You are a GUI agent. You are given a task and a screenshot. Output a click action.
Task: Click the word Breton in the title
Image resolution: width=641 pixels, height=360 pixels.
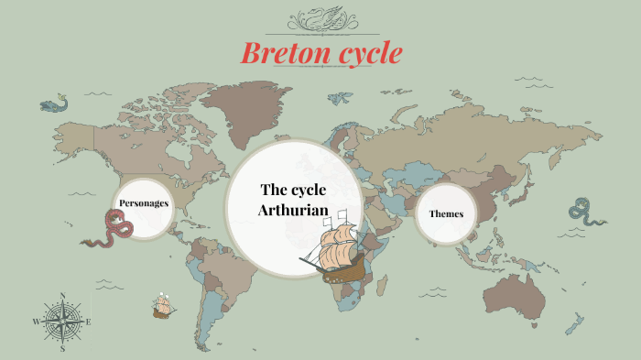tap(280, 54)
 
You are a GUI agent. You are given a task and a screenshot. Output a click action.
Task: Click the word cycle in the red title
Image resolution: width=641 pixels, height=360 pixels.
tap(364, 54)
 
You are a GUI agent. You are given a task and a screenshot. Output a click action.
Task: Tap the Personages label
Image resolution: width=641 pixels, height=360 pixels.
tap(144, 202)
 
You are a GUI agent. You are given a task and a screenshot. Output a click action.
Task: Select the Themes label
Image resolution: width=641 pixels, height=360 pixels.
tap(446, 213)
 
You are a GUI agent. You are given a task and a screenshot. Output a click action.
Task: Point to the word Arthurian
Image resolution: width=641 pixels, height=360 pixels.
tap(293, 211)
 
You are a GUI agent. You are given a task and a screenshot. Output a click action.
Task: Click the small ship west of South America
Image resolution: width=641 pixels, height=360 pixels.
tap(164, 306)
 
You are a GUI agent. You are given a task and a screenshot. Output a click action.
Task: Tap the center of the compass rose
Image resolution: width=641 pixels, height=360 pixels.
tap(62, 322)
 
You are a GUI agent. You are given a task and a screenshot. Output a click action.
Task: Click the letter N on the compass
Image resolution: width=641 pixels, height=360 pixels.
tap(62, 296)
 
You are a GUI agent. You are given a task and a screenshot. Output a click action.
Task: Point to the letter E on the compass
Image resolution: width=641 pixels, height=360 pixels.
tap(88, 322)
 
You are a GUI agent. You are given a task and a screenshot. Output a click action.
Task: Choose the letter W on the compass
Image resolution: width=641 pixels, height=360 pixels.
tap(37, 322)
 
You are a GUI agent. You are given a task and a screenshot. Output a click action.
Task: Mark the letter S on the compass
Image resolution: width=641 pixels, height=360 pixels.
tap(62, 349)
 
